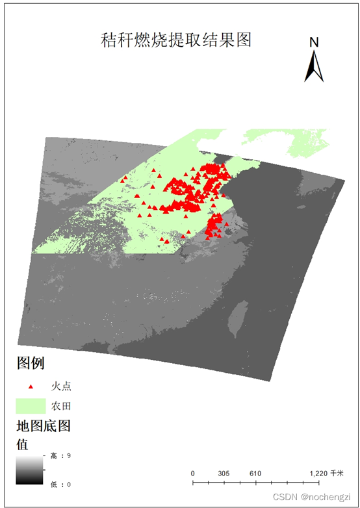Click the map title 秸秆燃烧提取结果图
175,40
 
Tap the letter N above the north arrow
314,43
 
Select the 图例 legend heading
31,362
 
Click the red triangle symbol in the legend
31,387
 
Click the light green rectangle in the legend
31,406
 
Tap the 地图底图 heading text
43,427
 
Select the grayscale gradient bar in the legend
29,469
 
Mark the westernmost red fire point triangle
123,178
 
